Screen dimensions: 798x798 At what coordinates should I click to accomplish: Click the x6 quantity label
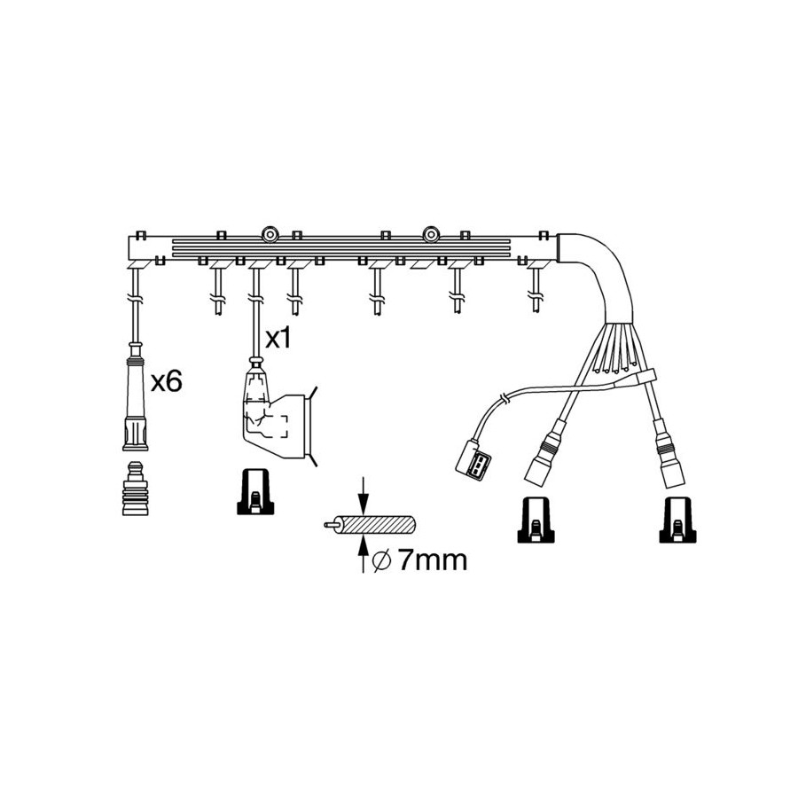coord(166,381)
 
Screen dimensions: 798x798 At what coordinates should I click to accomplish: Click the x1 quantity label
coord(278,338)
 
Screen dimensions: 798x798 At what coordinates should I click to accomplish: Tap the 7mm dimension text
coord(432,559)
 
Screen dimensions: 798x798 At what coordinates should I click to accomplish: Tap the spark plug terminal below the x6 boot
coord(135,489)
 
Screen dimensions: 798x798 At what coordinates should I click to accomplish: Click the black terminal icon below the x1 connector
coord(255,491)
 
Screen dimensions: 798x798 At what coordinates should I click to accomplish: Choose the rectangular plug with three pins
coord(473,460)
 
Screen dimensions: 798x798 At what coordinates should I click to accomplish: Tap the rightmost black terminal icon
coord(677,520)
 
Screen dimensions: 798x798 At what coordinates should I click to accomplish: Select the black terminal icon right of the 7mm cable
coord(536,520)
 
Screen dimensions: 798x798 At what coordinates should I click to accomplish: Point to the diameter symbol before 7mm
coord(381,560)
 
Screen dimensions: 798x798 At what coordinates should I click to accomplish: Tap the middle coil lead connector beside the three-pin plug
coord(544,452)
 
